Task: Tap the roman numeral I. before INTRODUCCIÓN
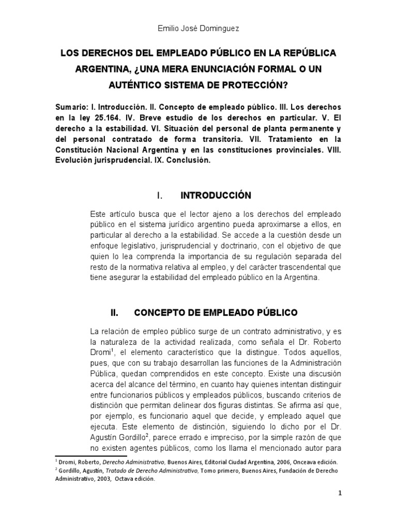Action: coord(160,196)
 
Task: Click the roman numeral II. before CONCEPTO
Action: coord(115,313)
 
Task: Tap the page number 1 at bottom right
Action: coord(340,508)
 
